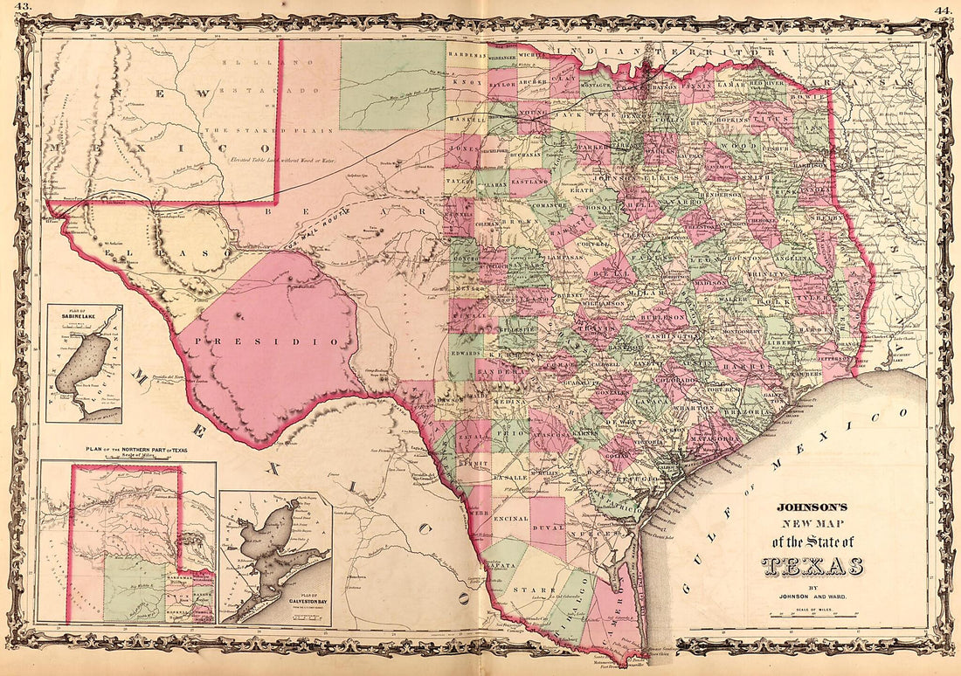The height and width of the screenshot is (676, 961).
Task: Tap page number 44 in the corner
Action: [x=942, y=9]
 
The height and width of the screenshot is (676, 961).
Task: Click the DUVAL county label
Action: [x=547, y=528]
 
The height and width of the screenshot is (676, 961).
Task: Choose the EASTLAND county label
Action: [x=529, y=180]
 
